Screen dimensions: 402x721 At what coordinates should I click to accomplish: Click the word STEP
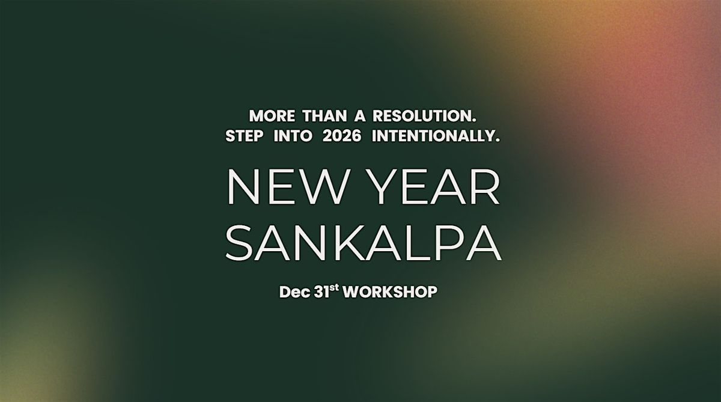pos(244,137)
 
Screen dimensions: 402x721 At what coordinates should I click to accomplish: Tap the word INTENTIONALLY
pos(435,137)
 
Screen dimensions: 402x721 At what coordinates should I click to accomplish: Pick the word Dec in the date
pos(293,293)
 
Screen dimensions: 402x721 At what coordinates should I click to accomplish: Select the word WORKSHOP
pos(390,293)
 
